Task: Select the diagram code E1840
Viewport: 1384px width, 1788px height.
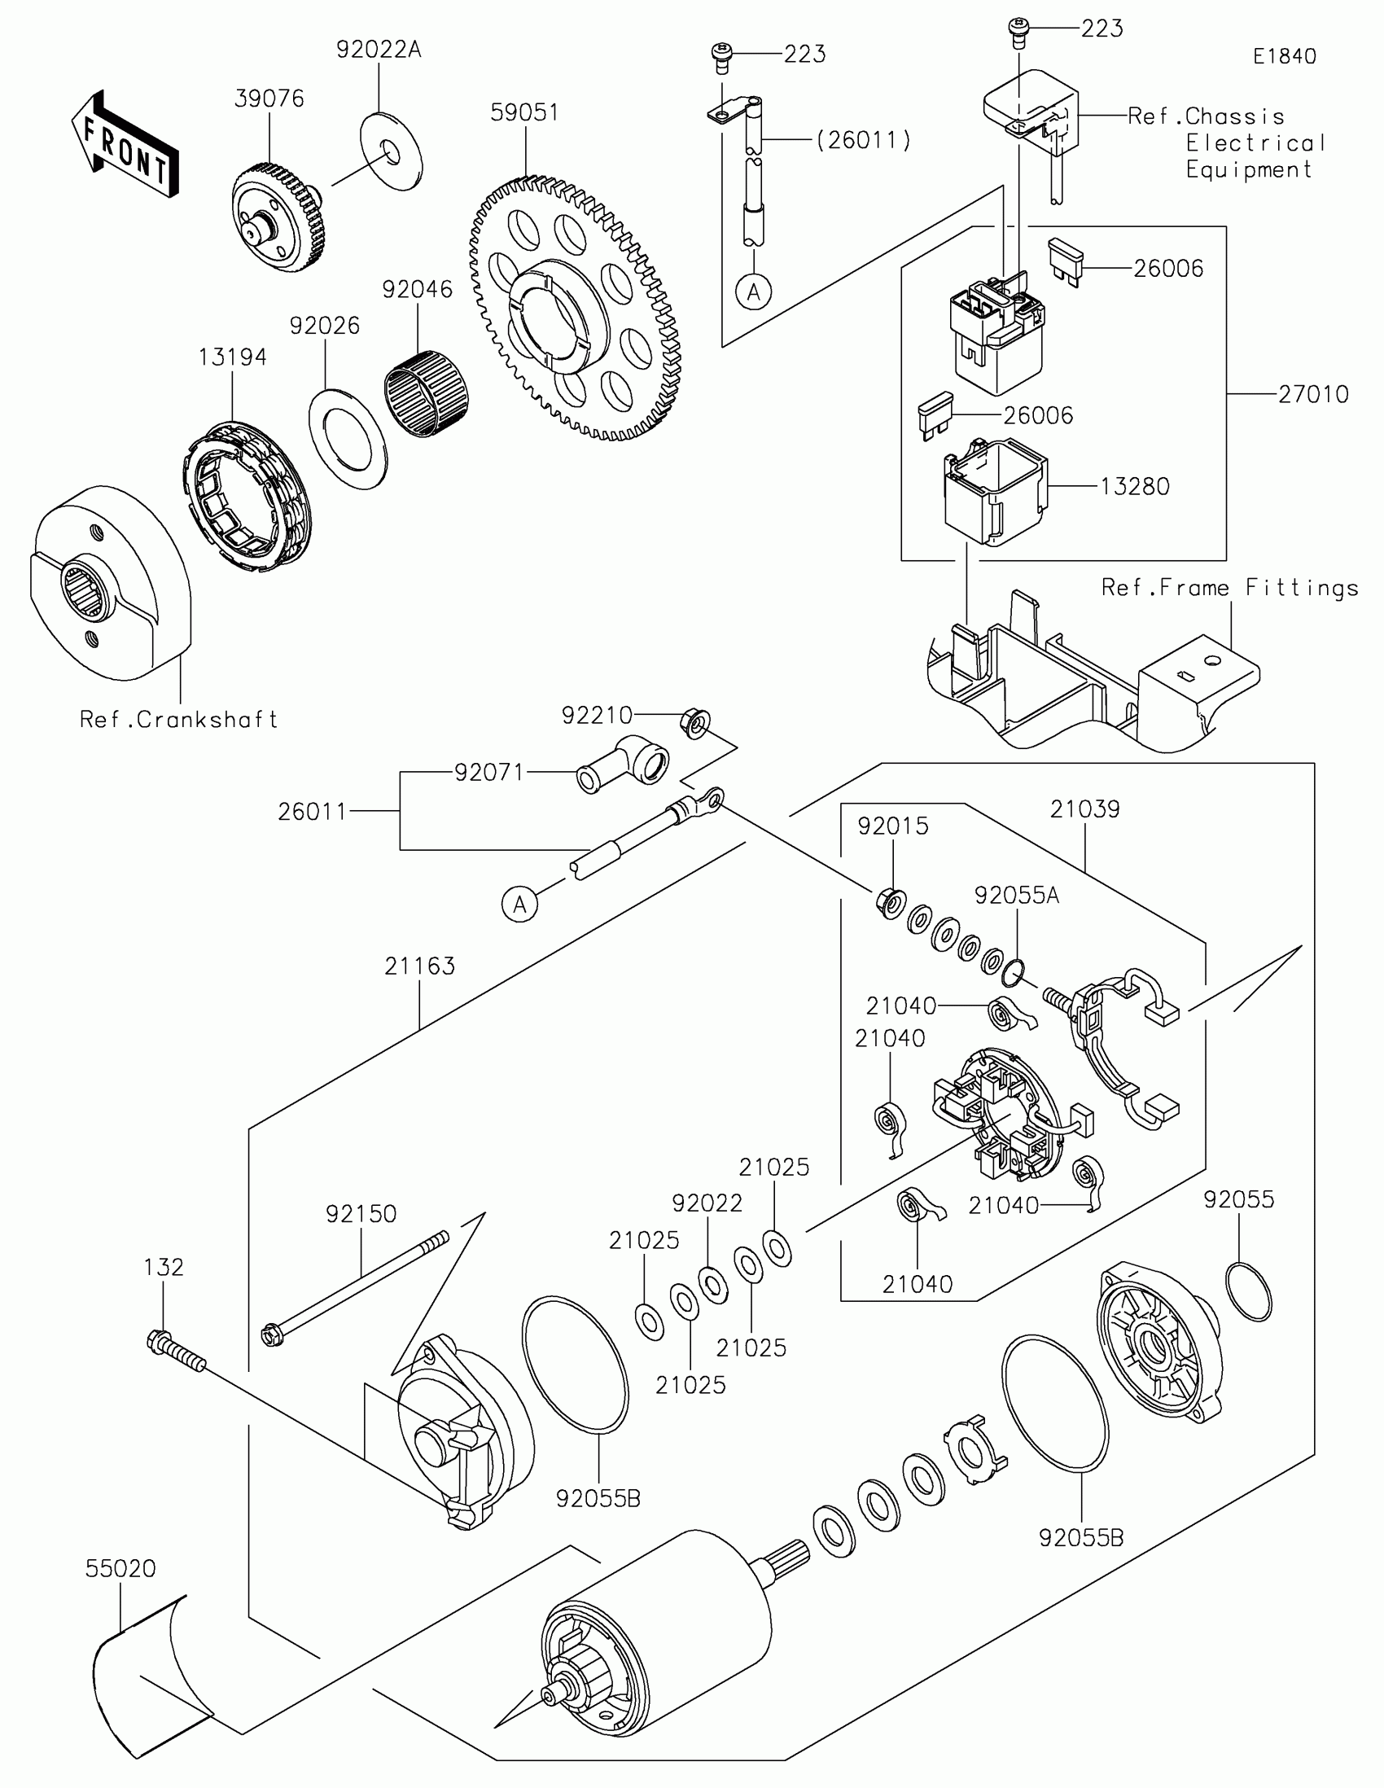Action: (1284, 56)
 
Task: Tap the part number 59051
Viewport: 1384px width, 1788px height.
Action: (524, 112)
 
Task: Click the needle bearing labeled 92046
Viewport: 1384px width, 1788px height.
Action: (427, 392)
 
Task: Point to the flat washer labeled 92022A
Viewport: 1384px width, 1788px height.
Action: (392, 151)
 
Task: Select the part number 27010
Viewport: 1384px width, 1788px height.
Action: (1314, 395)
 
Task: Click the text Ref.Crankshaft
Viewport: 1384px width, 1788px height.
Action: (179, 720)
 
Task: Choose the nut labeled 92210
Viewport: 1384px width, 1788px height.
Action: (695, 724)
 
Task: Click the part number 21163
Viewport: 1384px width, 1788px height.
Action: (419, 966)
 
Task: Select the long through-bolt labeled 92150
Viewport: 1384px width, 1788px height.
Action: (355, 1287)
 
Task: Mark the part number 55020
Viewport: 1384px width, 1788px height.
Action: (120, 1570)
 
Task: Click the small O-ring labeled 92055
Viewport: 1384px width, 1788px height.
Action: (1250, 1292)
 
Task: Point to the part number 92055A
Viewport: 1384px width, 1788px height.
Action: (1017, 896)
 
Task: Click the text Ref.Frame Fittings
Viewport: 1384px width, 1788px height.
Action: (1229, 588)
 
